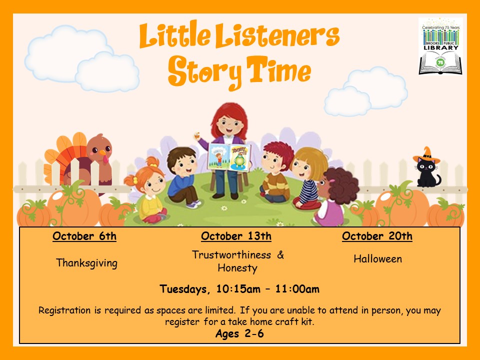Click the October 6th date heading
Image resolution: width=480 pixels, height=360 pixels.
(x=84, y=236)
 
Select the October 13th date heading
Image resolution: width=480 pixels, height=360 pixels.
(x=236, y=236)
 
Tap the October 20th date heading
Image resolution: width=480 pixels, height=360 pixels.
(x=377, y=236)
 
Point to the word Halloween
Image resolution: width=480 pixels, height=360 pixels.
(x=378, y=259)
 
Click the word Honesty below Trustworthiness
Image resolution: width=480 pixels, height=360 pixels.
(x=237, y=268)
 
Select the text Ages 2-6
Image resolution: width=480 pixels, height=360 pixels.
(x=239, y=333)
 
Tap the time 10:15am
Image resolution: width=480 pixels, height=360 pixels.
(x=238, y=289)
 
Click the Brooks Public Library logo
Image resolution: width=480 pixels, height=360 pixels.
(x=440, y=46)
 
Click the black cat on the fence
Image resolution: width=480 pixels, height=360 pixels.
(x=427, y=171)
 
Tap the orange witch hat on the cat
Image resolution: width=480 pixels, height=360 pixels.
(x=426, y=155)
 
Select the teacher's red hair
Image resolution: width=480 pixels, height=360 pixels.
(x=229, y=118)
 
